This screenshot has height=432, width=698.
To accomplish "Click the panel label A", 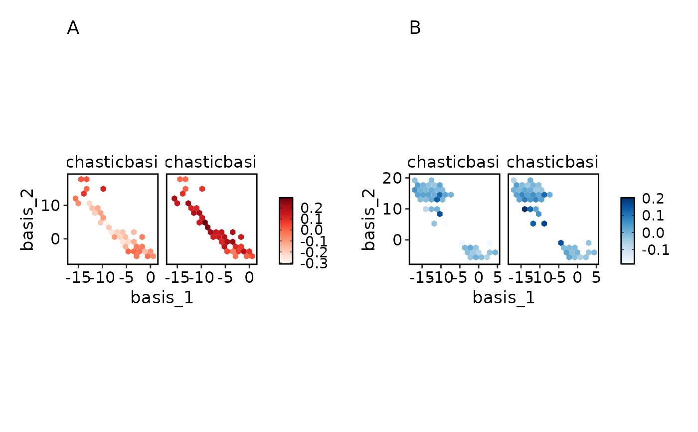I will [x=73, y=28].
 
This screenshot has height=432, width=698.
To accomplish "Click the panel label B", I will [x=415, y=28].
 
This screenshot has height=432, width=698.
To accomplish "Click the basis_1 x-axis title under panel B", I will [x=504, y=298].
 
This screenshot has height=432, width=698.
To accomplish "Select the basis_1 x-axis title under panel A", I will [x=162, y=298].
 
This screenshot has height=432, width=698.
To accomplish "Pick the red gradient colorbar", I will [x=286, y=230].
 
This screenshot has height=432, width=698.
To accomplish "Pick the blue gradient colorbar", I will [x=627, y=230].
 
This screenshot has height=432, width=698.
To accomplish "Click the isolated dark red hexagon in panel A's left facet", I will [x=103, y=189].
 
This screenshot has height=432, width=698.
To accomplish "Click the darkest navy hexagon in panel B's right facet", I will [x=524, y=209].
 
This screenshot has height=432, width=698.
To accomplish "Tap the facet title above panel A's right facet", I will [x=211, y=162].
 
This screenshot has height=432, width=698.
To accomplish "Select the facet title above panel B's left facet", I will [x=454, y=162].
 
